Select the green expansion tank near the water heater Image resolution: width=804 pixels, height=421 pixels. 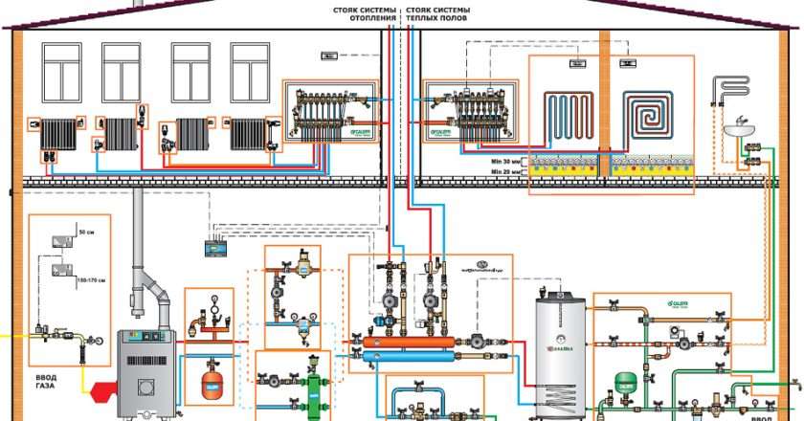pyautogui.click(x=627, y=380)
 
